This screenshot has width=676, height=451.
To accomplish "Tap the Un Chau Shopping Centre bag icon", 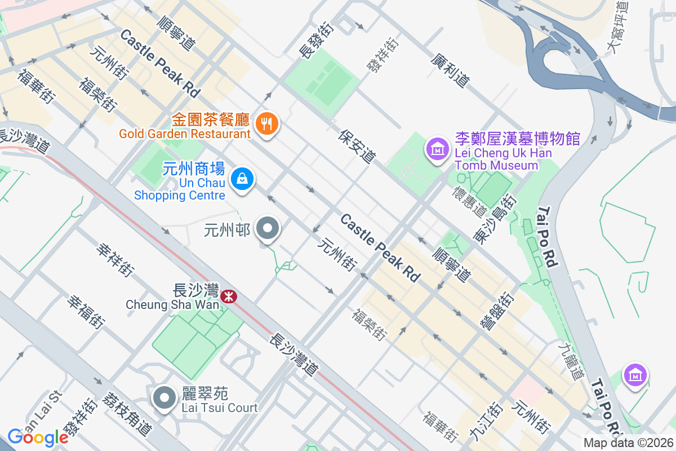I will (242, 179).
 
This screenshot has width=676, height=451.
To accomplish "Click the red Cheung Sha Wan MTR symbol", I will (229, 296).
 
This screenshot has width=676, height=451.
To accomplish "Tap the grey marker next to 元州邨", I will (268, 229).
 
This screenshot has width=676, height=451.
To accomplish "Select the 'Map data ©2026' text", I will (628, 443).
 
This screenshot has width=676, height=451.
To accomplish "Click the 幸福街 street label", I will (86, 312).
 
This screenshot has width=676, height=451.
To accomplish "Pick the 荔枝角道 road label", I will (127, 413).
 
